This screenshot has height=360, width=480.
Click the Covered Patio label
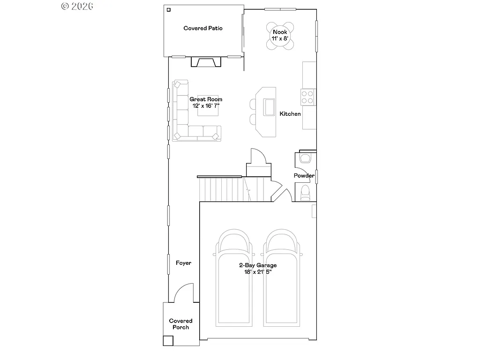pos(202,28)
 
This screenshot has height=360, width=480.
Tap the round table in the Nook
pos(280,36)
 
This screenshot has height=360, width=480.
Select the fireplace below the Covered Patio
pos(205,62)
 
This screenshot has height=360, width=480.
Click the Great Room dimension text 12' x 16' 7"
pos(206,105)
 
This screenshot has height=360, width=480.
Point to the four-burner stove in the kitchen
pos(307,97)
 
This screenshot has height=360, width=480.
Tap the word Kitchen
pos(290,114)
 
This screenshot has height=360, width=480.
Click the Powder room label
pos(304,176)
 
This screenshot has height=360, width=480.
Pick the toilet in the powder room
pos(305,192)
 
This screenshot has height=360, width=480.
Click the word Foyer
pos(183,263)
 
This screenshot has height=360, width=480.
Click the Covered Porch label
pos(180,324)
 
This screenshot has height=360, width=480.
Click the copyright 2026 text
pos(77,6)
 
